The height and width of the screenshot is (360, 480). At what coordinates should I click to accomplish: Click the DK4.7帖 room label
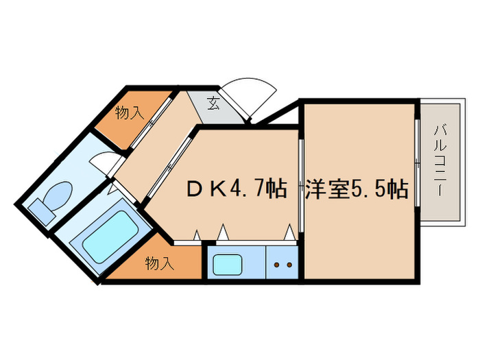coord(237,189)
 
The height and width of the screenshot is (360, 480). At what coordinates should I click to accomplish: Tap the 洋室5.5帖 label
coord(357,189)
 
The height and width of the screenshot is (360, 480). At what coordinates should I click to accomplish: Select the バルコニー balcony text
coord(440,160)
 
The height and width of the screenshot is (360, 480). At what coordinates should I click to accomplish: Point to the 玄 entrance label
coord(213,103)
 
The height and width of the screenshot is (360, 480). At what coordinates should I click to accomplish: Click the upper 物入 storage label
coord(130,112)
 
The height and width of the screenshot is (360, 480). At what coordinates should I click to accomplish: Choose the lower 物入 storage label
coord(160,263)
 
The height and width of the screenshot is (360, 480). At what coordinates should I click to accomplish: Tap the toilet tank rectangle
coord(42,212)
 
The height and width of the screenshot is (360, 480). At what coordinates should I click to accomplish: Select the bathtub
coord(110,237)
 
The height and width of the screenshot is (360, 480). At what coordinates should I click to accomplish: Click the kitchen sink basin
coord(228,265)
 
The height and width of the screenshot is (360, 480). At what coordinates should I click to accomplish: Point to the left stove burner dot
coord(277,265)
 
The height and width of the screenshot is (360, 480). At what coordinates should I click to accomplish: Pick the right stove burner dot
coord(289,265)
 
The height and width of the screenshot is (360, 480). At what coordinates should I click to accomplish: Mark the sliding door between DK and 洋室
coord(301,186)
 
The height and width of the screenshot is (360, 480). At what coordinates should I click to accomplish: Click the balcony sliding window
coord(417,163)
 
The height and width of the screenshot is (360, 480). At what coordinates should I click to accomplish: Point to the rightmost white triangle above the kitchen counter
coord(289,232)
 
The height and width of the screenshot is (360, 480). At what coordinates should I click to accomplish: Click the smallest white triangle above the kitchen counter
coord(197,235)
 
